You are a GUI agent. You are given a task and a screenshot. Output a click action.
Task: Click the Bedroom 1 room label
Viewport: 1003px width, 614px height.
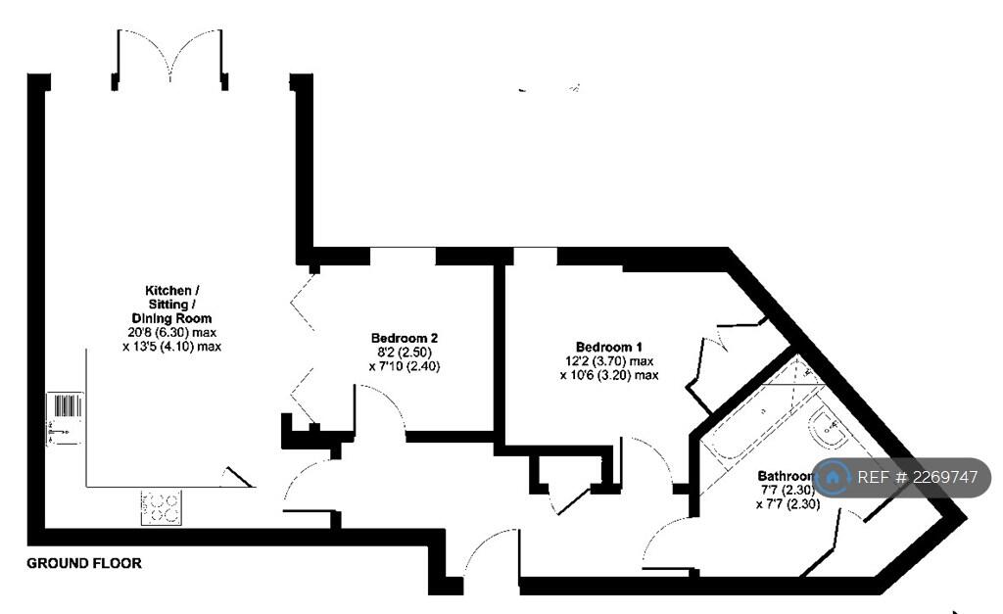[x=608, y=347]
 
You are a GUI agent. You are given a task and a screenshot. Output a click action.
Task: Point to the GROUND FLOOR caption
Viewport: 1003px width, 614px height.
[x=84, y=563]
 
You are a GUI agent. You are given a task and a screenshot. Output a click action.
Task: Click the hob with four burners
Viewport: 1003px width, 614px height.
[x=161, y=507]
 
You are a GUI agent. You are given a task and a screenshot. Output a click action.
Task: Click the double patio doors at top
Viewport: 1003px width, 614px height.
[x=172, y=56]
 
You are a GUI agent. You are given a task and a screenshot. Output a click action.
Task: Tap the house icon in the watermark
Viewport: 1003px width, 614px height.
[x=835, y=478]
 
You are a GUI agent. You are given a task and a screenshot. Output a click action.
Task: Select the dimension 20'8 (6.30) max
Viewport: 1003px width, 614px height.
[x=172, y=332]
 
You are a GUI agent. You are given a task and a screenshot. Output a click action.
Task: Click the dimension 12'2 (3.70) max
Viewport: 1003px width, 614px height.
[x=608, y=360]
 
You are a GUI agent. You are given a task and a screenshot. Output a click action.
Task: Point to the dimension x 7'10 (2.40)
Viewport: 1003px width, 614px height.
[x=405, y=366]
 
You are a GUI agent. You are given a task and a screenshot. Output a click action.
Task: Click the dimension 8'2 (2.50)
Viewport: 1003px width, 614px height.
[x=405, y=353]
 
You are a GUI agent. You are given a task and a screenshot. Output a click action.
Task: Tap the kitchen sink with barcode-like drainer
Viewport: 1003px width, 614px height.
[x=65, y=418]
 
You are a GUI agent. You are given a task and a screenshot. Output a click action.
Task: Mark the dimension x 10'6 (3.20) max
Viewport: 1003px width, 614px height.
[x=608, y=374]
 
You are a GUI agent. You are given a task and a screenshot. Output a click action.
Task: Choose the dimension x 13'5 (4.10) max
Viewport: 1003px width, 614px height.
[x=172, y=346]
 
